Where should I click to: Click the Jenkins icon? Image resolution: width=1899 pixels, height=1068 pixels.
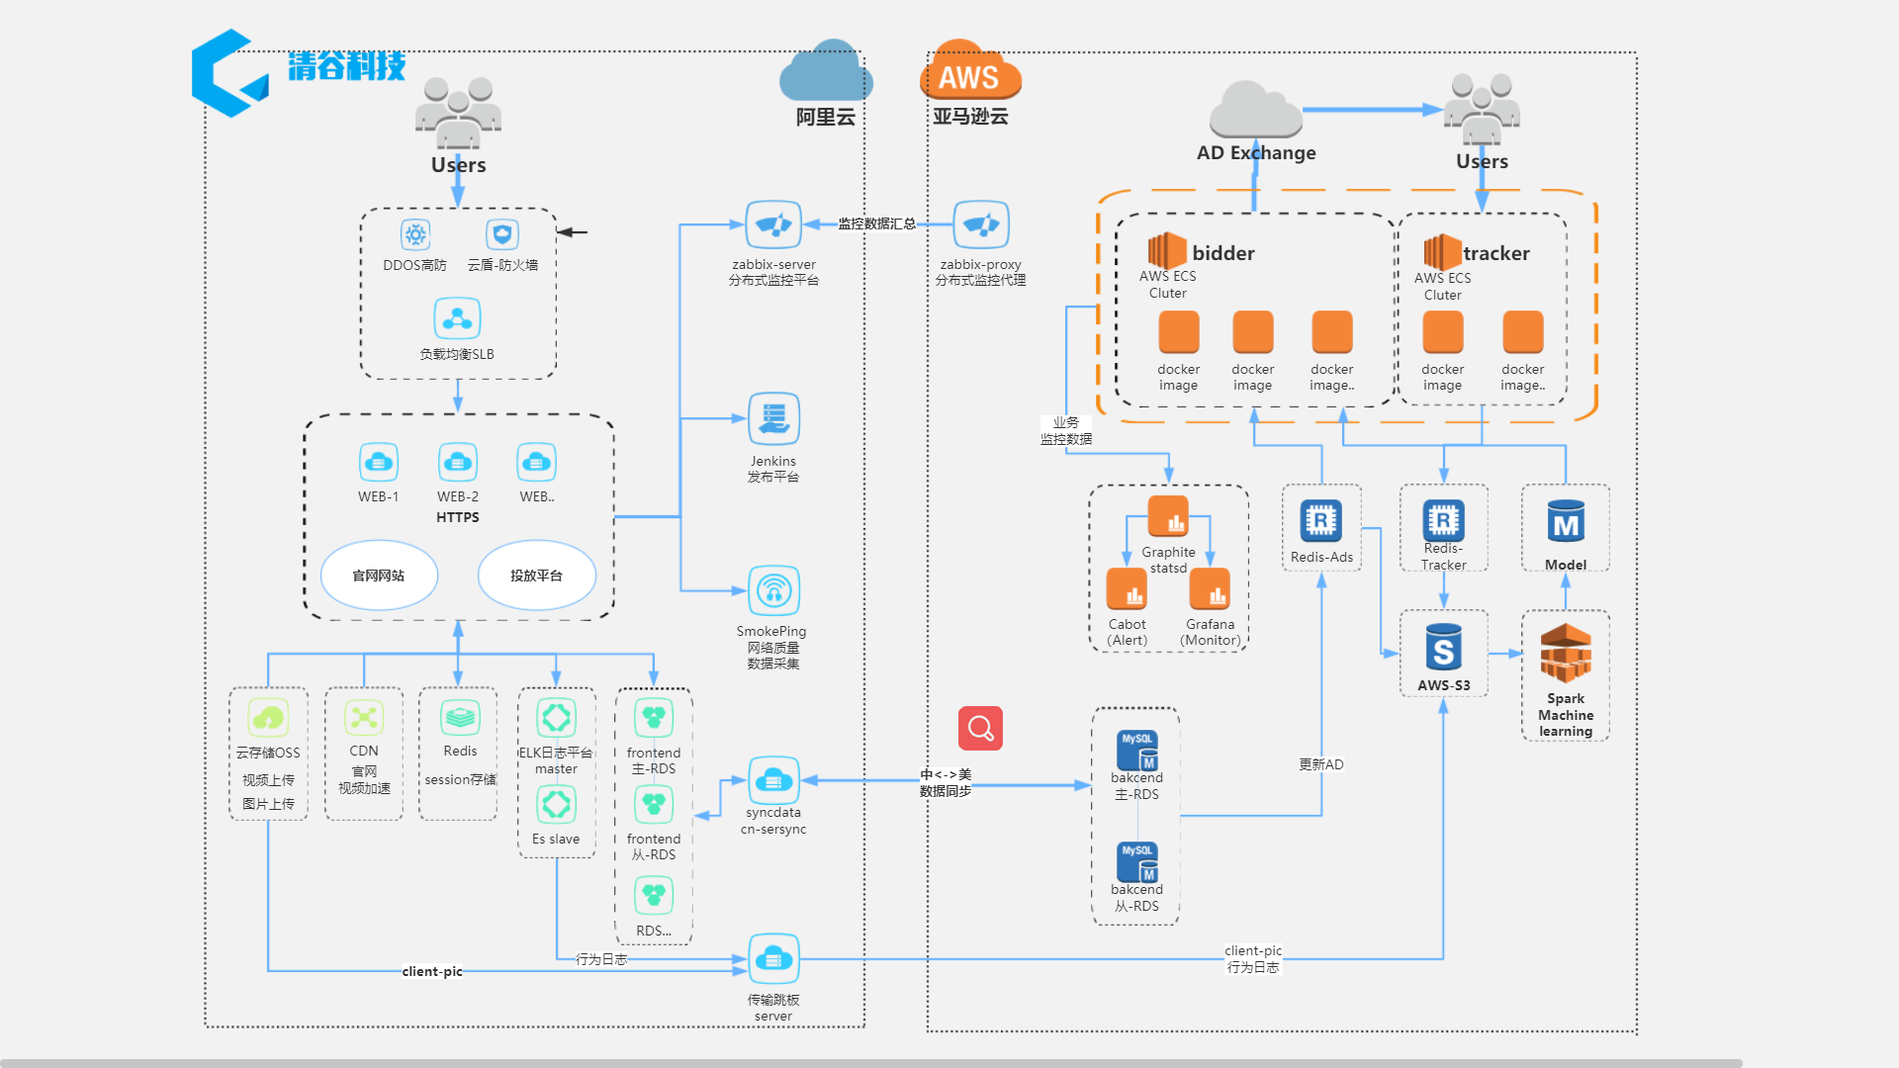click(x=773, y=419)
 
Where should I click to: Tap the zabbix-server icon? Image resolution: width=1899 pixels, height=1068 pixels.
click(x=773, y=225)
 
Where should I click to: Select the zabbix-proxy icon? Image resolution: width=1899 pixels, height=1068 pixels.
click(x=981, y=225)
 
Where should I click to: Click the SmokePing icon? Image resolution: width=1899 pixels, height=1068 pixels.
click(x=773, y=591)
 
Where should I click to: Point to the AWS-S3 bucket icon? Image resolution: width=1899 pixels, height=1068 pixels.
click(x=1443, y=649)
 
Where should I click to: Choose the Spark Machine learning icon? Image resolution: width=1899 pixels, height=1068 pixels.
click(x=1566, y=653)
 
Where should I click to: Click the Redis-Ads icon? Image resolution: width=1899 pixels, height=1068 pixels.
click(x=1321, y=520)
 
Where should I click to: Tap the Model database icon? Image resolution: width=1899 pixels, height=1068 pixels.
click(x=1566, y=522)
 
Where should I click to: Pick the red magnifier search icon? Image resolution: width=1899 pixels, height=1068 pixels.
click(x=980, y=729)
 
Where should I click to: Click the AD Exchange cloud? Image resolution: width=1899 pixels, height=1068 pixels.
click(x=1256, y=111)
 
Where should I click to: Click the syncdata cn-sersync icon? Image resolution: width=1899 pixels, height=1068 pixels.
click(x=773, y=781)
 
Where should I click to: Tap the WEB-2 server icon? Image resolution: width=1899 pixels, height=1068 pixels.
click(x=457, y=462)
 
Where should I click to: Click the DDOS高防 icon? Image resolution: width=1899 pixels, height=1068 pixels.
click(x=415, y=234)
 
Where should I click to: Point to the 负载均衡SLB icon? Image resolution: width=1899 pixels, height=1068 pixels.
click(x=457, y=318)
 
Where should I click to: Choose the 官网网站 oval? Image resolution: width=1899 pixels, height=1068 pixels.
click(x=379, y=576)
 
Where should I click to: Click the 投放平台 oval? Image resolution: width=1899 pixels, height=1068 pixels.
click(x=536, y=576)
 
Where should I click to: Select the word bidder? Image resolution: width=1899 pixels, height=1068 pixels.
click(x=1223, y=253)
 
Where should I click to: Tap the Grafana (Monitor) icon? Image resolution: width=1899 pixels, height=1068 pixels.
click(x=1210, y=589)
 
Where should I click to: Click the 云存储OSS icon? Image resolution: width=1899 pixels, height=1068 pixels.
click(x=268, y=718)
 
